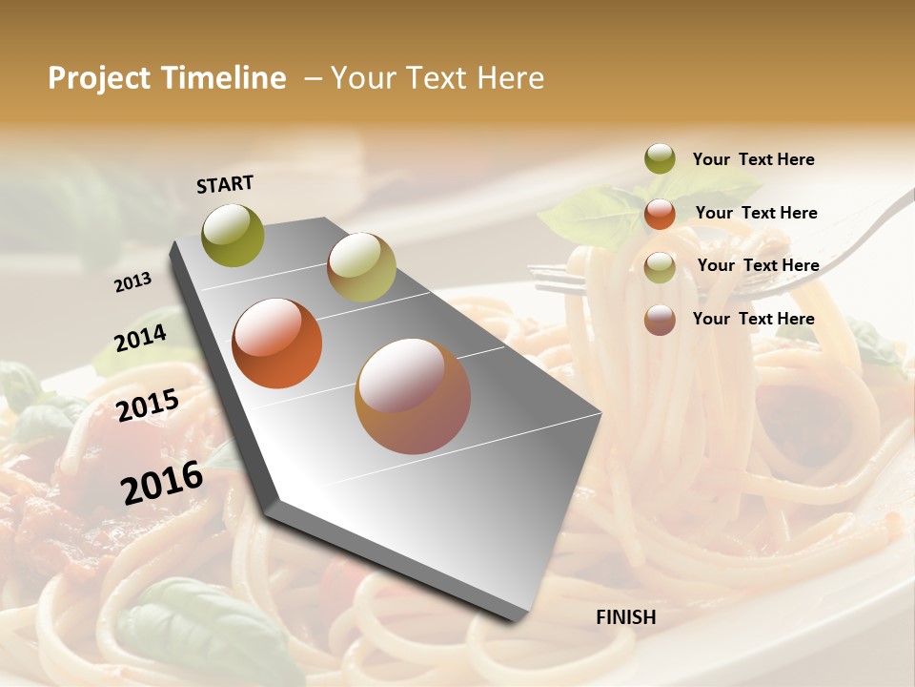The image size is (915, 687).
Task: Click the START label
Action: [225, 183]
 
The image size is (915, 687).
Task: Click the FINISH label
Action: [625, 617]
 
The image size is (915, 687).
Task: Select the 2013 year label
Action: [133, 281]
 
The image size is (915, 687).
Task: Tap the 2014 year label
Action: [141, 338]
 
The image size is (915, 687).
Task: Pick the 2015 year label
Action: [148, 405]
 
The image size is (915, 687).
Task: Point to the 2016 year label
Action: [162, 482]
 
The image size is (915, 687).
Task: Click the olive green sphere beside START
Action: [233, 235]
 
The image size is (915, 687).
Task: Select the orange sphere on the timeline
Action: [276, 343]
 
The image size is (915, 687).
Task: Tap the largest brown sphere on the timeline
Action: [412, 396]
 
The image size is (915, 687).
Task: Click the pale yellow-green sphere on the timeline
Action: [360, 267]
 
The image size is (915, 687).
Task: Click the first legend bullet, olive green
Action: [660, 159]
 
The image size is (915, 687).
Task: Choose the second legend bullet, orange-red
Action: [660, 214]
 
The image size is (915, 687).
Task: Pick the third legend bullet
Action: [660, 267]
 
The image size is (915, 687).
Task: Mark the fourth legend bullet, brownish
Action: [660, 320]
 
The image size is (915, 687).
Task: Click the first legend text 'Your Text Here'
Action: [753, 159]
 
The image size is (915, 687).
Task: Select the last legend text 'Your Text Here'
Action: [753, 319]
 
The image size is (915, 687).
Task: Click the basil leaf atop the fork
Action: [581, 216]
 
